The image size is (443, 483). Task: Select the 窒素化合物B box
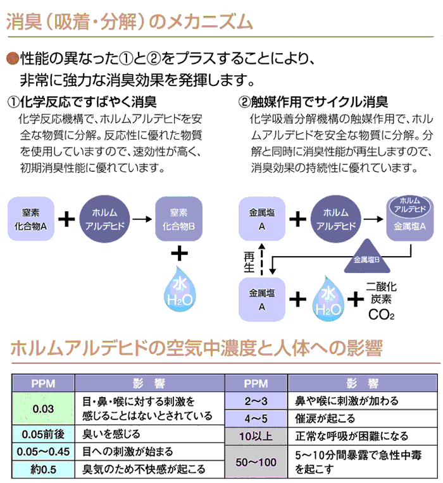[178, 219]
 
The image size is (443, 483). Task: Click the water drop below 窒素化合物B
[180, 291]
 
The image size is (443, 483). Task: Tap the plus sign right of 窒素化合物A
[67, 219]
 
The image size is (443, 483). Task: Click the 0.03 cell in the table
[43, 408]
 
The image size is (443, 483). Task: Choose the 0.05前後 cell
[43, 435]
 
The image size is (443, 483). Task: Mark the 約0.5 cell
[43, 469]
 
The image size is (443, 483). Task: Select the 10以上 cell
[256, 436]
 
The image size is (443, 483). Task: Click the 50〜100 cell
[256, 462]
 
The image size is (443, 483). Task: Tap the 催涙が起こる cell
[363, 419]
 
